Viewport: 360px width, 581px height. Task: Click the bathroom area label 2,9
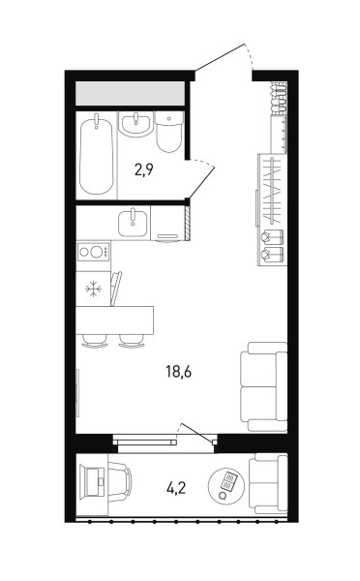tap(144, 169)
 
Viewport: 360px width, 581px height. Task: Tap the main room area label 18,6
tap(179, 371)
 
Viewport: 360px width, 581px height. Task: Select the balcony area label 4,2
tap(176, 489)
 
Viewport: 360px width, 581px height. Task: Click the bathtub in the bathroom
tap(97, 154)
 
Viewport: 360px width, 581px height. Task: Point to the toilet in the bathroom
tap(169, 132)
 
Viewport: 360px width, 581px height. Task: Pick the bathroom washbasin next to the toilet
tap(135, 125)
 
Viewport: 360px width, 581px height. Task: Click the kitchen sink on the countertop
tap(133, 222)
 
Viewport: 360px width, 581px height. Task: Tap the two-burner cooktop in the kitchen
tap(93, 252)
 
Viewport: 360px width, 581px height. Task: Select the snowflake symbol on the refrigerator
tap(93, 289)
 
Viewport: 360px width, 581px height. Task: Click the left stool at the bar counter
tap(95, 341)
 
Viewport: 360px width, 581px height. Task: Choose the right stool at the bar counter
tap(132, 341)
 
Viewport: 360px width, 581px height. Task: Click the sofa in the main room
tap(263, 386)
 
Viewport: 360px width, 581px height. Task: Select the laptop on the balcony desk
tap(95, 481)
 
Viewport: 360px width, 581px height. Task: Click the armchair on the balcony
tap(268, 483)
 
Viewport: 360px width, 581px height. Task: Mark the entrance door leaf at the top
tap(220, 57)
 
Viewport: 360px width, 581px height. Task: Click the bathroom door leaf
tap(202, 183)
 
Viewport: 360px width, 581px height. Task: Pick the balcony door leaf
tap(197, 432)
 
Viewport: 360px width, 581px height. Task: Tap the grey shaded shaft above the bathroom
tap(131, 93)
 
